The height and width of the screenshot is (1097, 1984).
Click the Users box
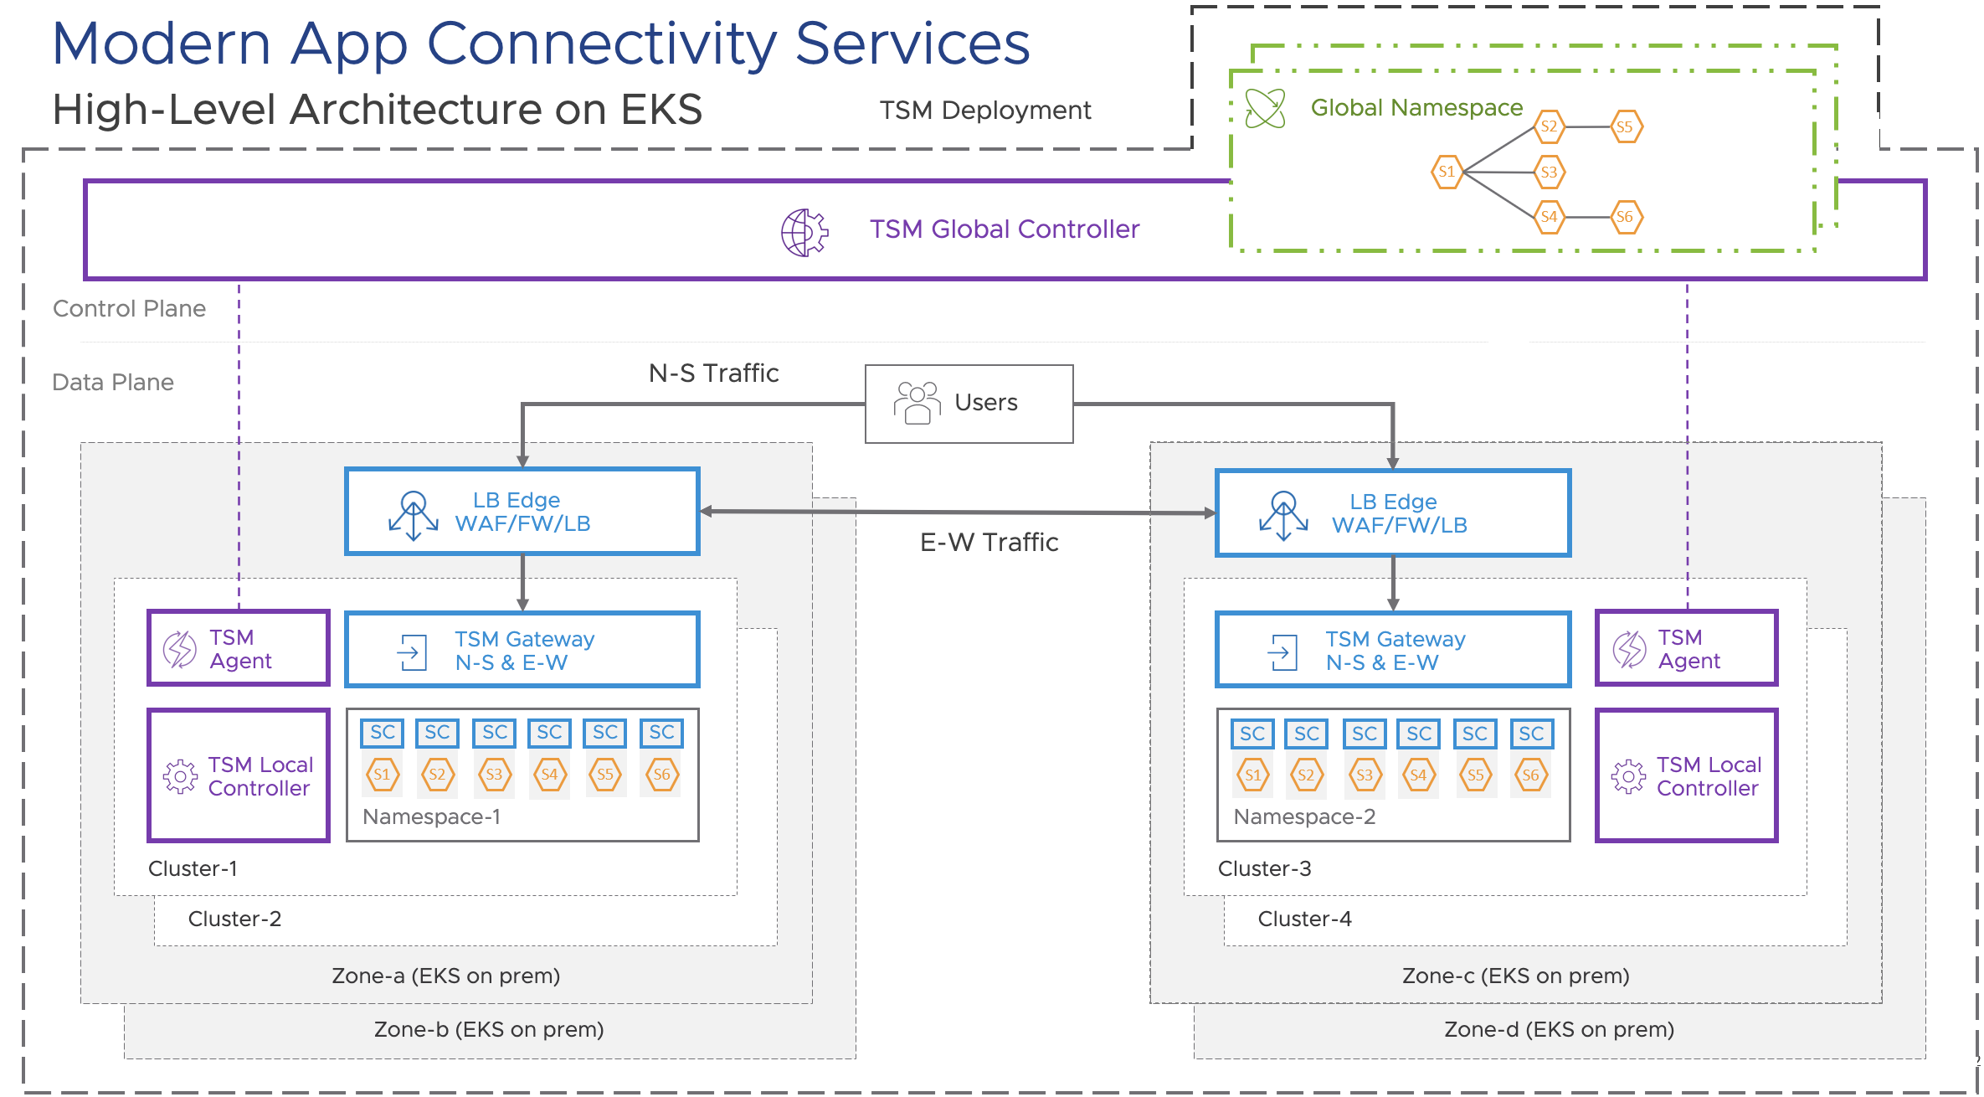(969, 403)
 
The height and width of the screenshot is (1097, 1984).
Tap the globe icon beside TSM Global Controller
(804, 232)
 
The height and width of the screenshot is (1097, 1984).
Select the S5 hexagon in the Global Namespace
(1626, 127)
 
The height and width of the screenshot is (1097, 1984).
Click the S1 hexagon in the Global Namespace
(1447, 172)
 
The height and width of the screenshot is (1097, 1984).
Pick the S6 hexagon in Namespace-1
(661, 775)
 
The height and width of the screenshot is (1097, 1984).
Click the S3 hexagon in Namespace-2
(1364, 775)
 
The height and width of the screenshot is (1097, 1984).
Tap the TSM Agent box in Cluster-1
(239, 648)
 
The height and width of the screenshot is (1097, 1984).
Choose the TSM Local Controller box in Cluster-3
(1686, 775)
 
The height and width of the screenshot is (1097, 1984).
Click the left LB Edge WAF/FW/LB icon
(413, 514)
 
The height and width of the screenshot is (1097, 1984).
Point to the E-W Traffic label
(989, 543)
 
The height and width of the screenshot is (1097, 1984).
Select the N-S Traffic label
(713, 373)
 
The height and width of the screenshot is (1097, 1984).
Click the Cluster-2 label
(234, 919)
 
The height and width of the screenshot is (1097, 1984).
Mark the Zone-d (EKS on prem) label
(1559, 1029)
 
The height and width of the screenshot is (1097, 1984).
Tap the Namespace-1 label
(432, 816)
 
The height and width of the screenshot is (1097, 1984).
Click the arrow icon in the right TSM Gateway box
(1282, 652)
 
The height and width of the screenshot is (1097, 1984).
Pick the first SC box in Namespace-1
(382, 733)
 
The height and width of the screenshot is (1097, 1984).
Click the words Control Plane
(129, 309)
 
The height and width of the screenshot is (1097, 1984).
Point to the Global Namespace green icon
(1265, 108)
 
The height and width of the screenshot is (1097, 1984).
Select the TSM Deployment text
(984, 111)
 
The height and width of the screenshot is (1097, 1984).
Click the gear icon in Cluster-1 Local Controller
(180, 776)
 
